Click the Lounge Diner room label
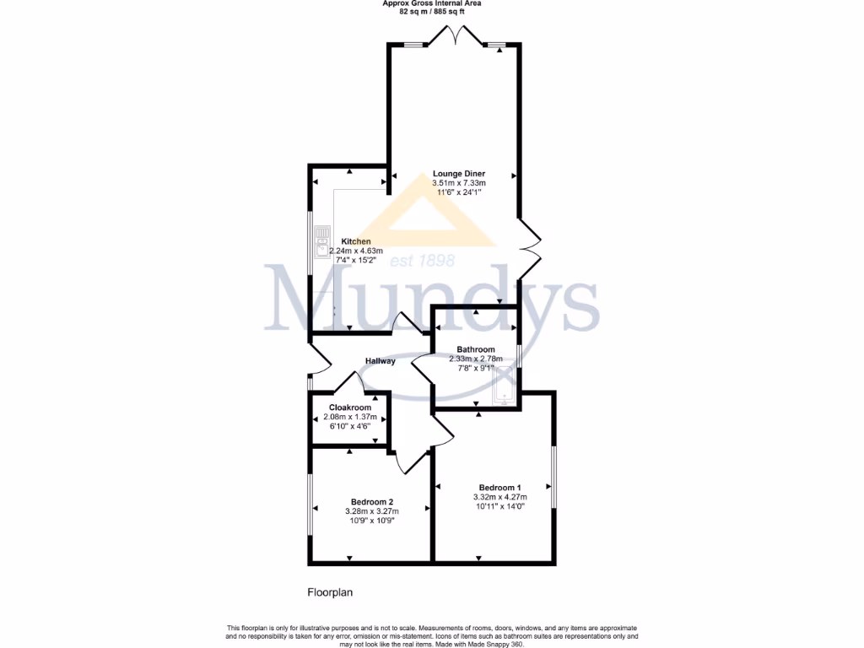point(459,174)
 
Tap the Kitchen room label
point(355,241)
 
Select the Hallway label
point(381,361)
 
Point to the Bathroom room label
point(476,349)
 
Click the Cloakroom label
point(350,408)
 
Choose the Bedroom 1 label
point(499,488)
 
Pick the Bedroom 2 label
point(372,501)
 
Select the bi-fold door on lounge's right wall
point(528,249)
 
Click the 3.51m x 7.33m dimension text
point(459,183)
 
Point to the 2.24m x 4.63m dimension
point(355,251)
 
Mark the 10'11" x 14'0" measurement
point(499,506)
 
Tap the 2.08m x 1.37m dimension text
point(350,417)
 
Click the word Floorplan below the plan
point(329,592)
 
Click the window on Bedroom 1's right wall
point(554,477)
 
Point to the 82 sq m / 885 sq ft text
point(432,12)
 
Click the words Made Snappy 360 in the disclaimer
point(499,645)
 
